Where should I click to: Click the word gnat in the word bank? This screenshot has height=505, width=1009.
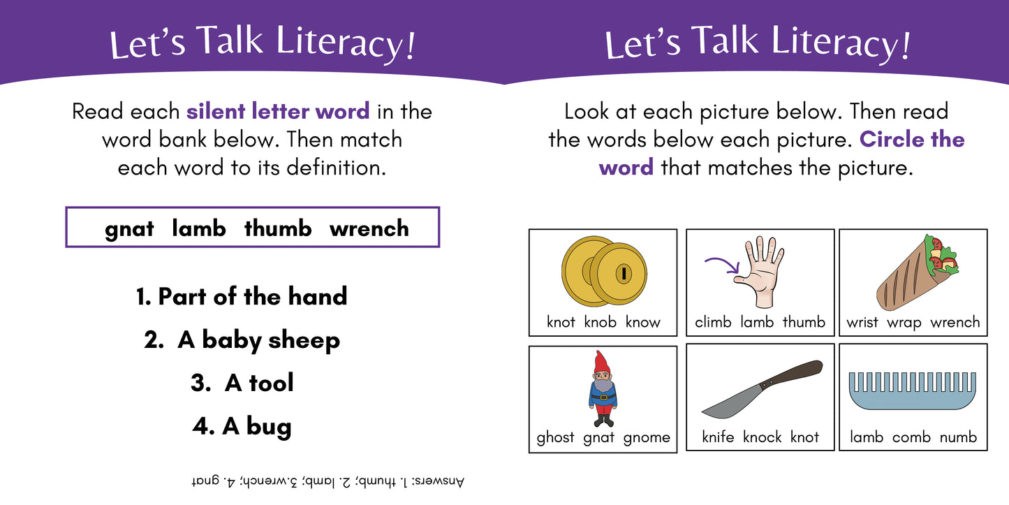(x=129, y=229)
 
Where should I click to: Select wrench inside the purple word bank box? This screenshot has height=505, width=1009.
(x=369, y=228)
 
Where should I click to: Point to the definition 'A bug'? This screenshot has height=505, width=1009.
(x=242, y=426)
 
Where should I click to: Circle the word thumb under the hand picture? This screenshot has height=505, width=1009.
(x=804, y=322)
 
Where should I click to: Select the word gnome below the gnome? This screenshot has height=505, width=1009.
(x=646, y=438)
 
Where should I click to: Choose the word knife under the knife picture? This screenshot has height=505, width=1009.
(x=718, y=437)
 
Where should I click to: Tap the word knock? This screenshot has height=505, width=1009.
(x=763, y=437)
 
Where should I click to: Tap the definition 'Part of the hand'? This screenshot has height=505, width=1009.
(x=242, y=296)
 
